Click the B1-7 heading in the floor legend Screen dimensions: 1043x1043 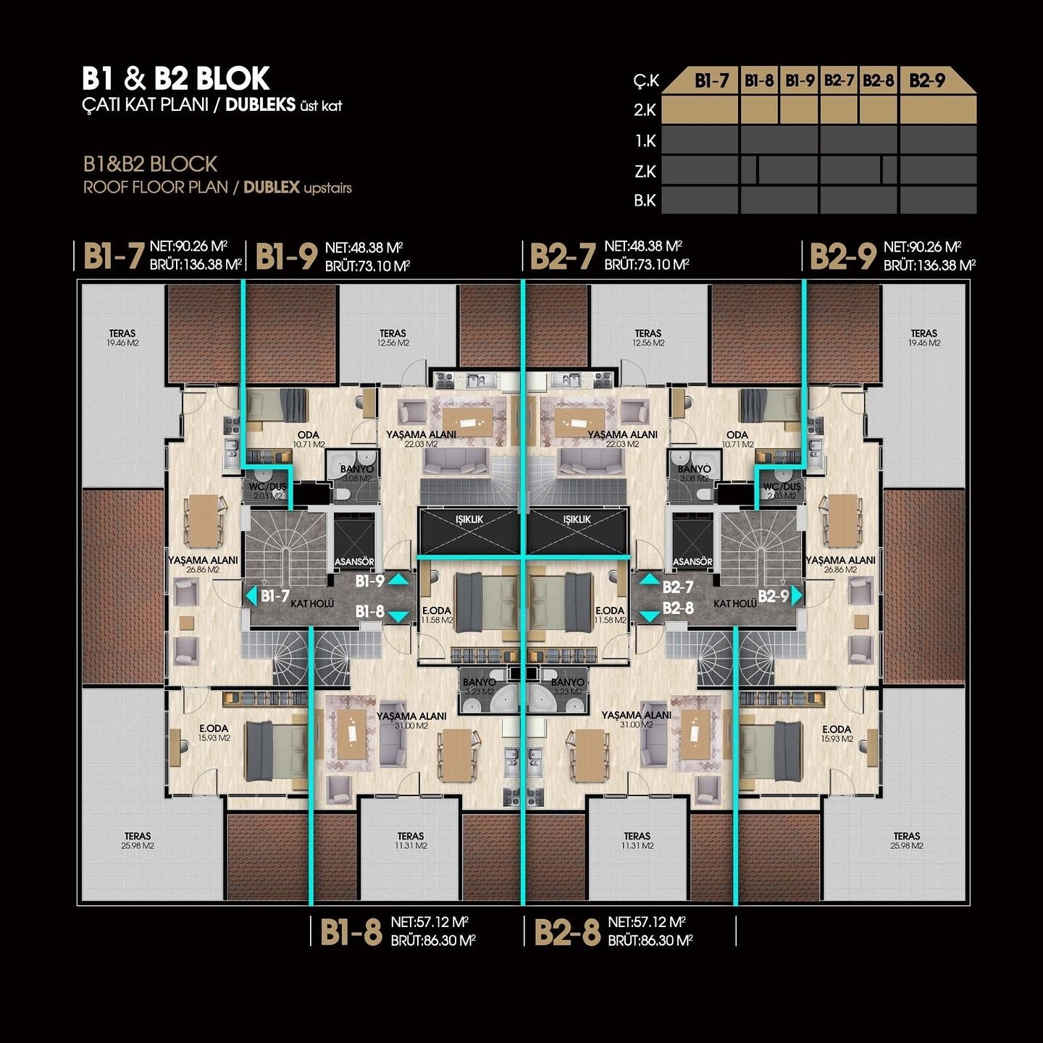[x=711, y=80]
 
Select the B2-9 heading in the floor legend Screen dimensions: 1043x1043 [x=926, y=80]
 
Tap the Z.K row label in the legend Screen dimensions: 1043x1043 [x=645, y=172]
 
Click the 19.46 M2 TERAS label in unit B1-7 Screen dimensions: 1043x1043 [x=122, y=338]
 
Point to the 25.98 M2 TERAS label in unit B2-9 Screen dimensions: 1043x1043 [x=906, y=840]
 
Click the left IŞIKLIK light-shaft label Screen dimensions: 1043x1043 [x=469, y=519]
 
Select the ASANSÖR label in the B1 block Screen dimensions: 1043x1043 [x=354, y=561]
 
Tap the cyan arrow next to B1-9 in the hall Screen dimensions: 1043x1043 [x=398, y=579]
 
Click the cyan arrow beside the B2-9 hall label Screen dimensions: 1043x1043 [x=797, y=595]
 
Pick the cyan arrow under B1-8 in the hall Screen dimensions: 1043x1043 [x=398, y=616]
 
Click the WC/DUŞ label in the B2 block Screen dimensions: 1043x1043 [x=782, y=490]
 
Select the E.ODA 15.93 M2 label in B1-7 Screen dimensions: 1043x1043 [x=214, y=733]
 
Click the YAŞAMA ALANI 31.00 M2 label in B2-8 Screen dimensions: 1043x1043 [x=636, y=719]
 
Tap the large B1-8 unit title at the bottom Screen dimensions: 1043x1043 [x=351, y=932]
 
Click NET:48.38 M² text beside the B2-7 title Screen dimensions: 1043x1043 [x=643, y=246]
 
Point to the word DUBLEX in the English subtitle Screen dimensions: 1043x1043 [x=271, y=188]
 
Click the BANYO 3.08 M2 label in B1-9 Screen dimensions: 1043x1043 [x=356, y=473]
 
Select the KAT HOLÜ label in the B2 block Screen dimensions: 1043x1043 [x=734, y=603]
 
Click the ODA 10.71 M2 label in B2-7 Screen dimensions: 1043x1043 [x=737, y=439]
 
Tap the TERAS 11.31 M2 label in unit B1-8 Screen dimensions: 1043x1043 [x=411, y=840]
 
